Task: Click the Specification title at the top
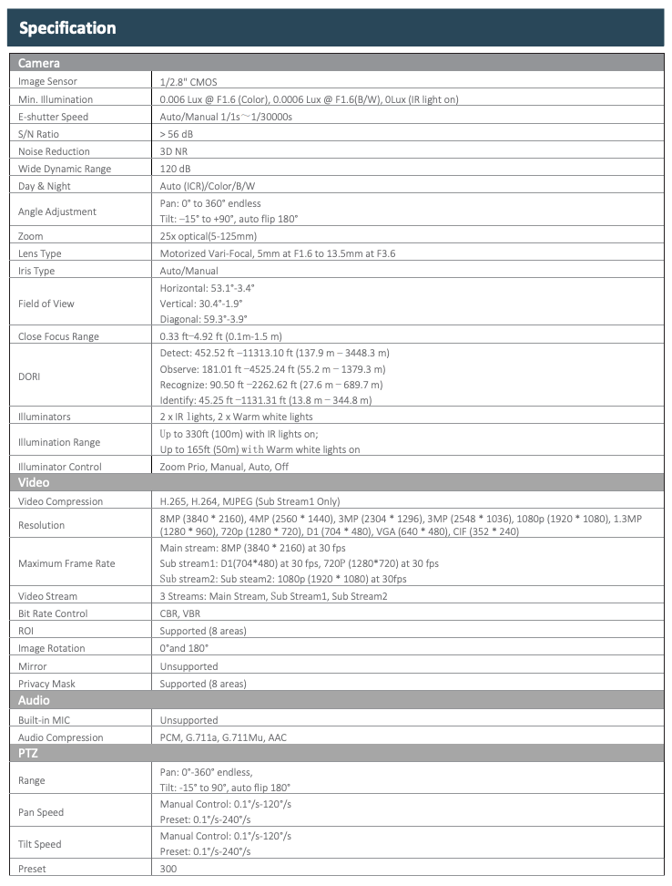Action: (68, 27)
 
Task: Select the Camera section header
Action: (39, 63)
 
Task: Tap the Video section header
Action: (34, 482)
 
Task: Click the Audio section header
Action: (34, 700)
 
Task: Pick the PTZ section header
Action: (28, 753)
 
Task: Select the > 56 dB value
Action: (177, 134)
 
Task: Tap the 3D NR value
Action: (174, 151)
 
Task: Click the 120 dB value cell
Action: (176, 169)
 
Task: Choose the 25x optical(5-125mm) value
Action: (209, 236)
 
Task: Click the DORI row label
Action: (29, 376)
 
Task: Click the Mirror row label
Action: (32, 666)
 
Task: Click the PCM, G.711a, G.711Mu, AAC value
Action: (223, 737)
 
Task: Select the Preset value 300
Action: (168, 869)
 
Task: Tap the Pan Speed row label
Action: (41, 812)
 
